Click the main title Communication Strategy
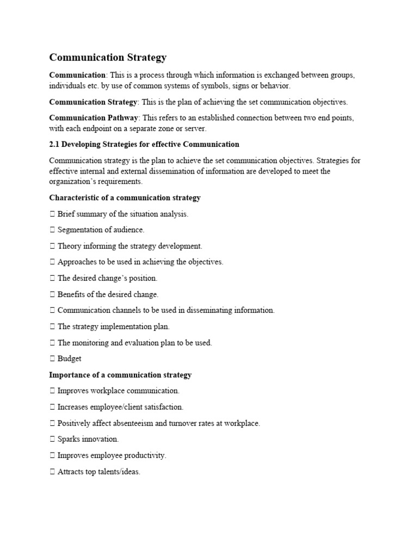coord(108,57)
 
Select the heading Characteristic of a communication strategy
coord(125,197)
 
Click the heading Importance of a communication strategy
coord(120,375)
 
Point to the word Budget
coord(69,359)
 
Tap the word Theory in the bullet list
coord(69,246)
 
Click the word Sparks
coord(69,439)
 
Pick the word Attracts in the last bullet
coord(71,472)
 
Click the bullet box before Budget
coord(52,359)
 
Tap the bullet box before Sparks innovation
coord(52,439)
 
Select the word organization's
coord(73,182)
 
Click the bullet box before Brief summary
coord(52,214)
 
